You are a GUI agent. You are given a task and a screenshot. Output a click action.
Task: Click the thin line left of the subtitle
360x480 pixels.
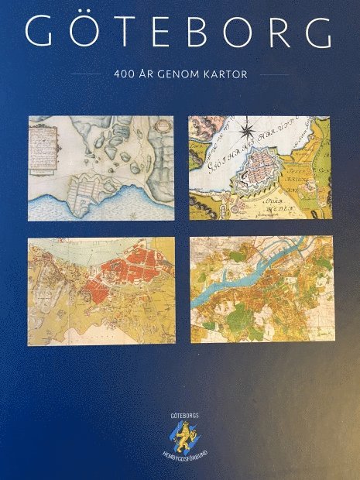[x=85, y=75]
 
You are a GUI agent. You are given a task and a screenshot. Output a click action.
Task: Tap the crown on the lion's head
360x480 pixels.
[x=181, y=427]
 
